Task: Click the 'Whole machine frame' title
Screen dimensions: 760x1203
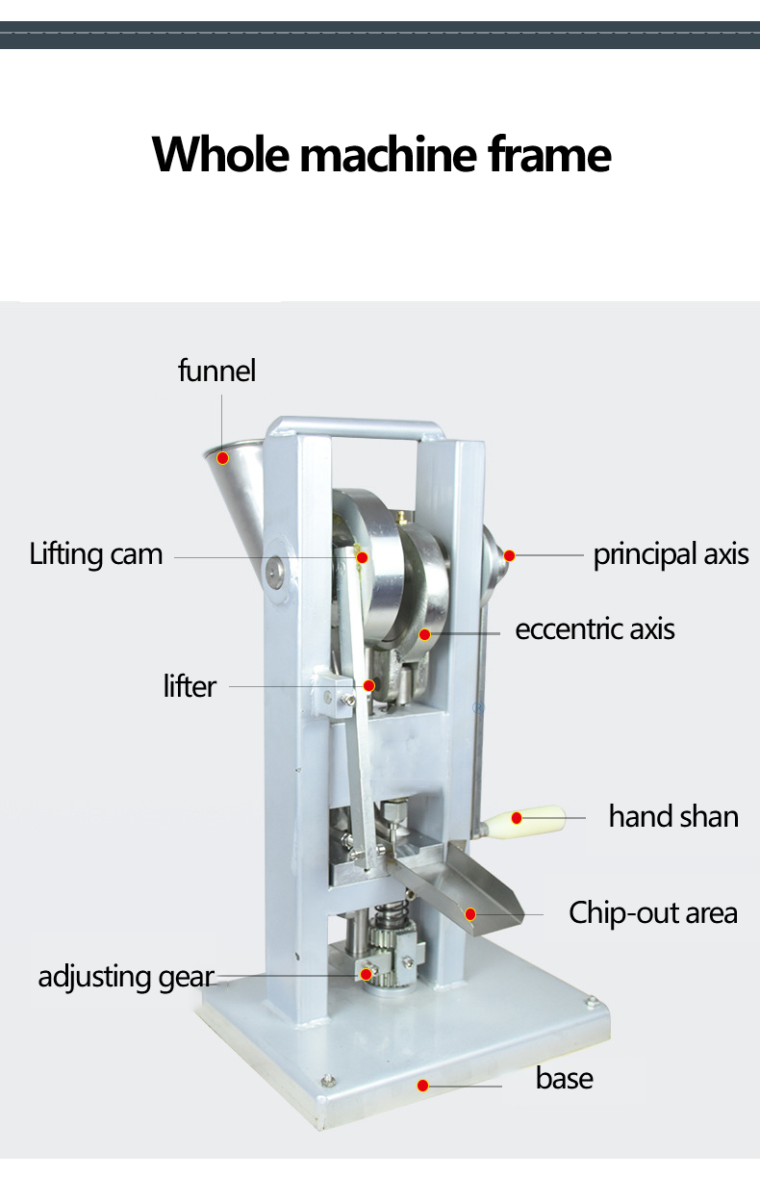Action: pos(381,154)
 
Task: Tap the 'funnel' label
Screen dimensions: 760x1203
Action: pos(217,371)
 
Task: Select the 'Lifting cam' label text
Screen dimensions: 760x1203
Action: pos(96,554)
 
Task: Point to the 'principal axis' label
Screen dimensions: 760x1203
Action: pos(671,554)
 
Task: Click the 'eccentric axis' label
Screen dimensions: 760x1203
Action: pos(595,629)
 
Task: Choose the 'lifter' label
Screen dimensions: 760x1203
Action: pos(190,686)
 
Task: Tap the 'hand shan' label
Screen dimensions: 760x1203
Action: pos(673,816)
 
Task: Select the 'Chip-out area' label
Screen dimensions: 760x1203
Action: pos(653,912)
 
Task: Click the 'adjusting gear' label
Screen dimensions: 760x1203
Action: pos(125,976)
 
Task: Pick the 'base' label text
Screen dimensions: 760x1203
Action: pos(565,1078)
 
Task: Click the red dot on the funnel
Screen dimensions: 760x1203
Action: pos(222,457)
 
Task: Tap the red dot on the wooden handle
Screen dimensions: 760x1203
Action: pos(517,818)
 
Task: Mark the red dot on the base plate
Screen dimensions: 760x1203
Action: pos(422,1086)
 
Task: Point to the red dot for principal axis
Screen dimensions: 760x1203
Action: pos(510,555)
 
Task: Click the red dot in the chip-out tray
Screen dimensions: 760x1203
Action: pos(471,913)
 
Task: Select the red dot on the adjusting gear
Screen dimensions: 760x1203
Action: pos(367,974)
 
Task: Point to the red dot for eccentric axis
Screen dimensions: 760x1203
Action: pos(424,634)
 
